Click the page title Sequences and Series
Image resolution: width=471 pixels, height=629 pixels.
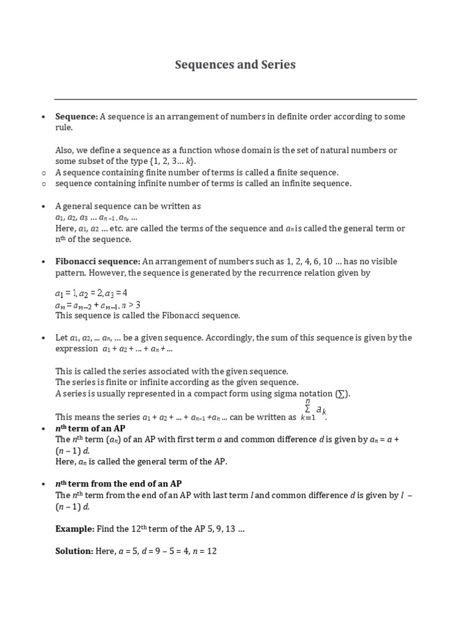pyautogui.click(x=235, y=64)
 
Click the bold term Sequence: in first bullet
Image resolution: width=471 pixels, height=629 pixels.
pyautogui.click(x=76, y=117)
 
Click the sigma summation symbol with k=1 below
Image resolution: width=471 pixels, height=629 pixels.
pyautogui.click(x=308, y=408)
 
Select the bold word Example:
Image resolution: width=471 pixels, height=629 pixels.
pyautogui.click(x=74, y=529)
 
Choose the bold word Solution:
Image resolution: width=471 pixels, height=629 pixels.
pyautogui.click(x=74, y=551)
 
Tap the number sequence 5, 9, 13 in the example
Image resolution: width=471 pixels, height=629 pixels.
pyautogui.click(x=219, y=529)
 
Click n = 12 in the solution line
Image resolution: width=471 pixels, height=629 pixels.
pyautogui.click(x=204, y=551)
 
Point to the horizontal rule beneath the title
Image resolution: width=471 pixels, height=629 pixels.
pyautogui.click(x=235, y=99)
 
